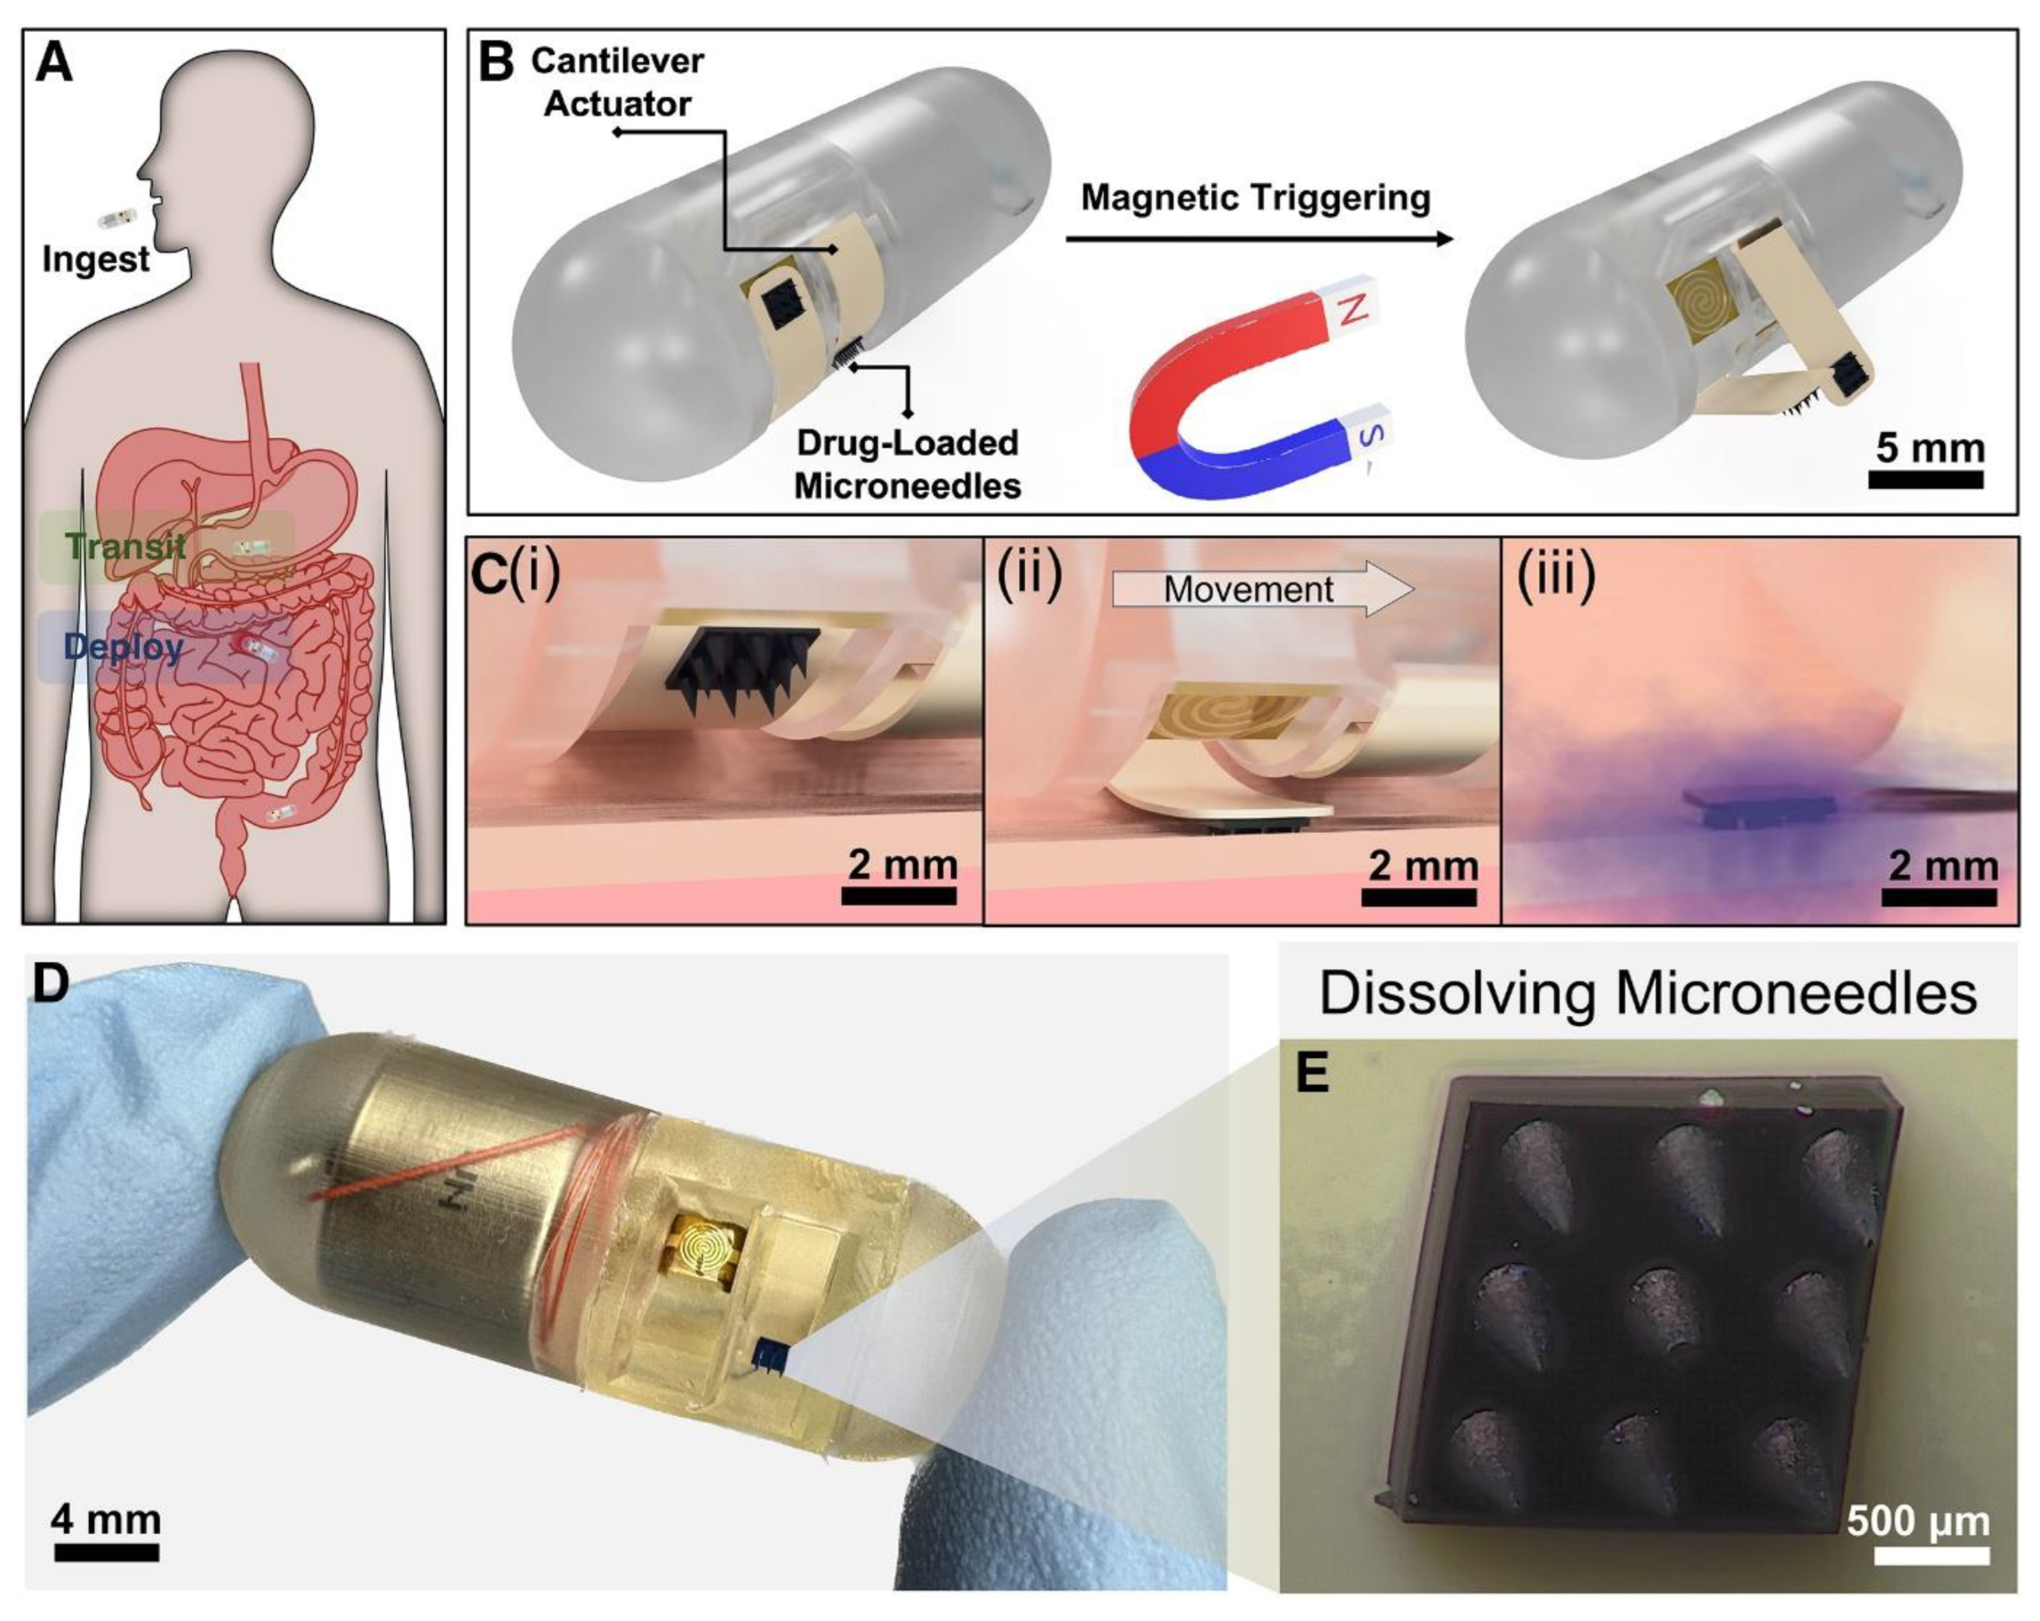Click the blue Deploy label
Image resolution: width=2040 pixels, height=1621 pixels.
pos(123,647)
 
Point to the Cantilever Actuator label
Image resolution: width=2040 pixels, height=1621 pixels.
pos(617,83)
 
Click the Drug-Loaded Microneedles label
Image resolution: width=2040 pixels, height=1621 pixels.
pos(907,464)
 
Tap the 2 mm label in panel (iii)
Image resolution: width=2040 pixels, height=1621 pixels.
pos(1942,866)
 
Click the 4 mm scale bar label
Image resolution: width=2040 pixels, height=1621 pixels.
pos(106,1519)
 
